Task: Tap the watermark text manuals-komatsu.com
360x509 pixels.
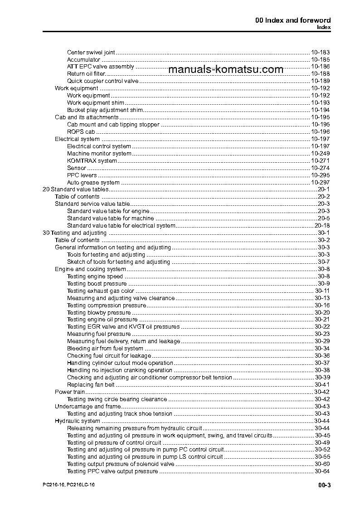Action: (x=225, y=69)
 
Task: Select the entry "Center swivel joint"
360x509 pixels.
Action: (x=91, y=52)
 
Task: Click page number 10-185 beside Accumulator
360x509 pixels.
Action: (x=320, y=59)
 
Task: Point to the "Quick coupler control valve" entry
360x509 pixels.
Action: (x=102, y=81)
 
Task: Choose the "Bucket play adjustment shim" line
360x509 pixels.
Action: (x=105, y=110)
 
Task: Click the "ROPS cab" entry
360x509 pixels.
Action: (x=81, y=132)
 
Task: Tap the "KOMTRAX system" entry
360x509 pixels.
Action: (x=92, y=161)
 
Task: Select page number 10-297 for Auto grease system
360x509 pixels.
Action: (x=320, y=182)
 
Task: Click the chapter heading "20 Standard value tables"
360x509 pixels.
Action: (x=75, y=189)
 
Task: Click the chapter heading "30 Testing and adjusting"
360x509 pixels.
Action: (x=74, y=233)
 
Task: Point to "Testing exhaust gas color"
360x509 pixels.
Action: (x=100, y=291)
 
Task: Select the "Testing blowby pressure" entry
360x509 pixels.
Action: (x=99, y=312)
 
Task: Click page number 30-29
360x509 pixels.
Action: (x=322, y=341)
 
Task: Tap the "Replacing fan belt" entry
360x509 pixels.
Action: (x=91, y=385)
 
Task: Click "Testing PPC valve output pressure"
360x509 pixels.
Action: (x=112, y=471)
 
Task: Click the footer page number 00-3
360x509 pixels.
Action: (x=325, y=486)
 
